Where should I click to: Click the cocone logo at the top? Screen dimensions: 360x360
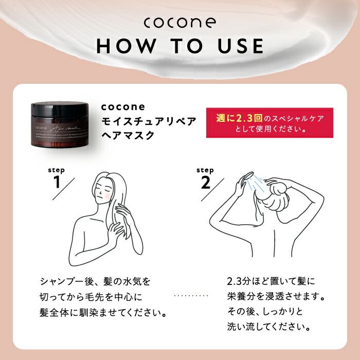coord(179,23)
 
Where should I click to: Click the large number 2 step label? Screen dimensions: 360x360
coord(206,182)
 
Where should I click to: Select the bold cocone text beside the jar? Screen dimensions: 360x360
coord(123,107)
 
